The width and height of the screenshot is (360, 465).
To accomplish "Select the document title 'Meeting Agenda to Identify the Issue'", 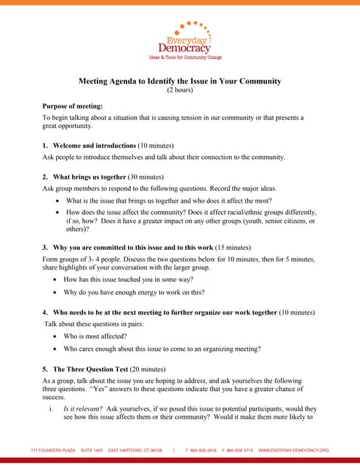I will pos(179,81).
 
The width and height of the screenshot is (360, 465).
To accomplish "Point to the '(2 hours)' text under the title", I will pos(179,90).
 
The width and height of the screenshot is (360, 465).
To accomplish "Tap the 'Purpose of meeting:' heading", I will pos(72,106).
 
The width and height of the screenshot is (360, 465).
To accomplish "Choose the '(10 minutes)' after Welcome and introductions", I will pos(158,145).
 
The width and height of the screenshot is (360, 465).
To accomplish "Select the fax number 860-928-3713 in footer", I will pos(239,450).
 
